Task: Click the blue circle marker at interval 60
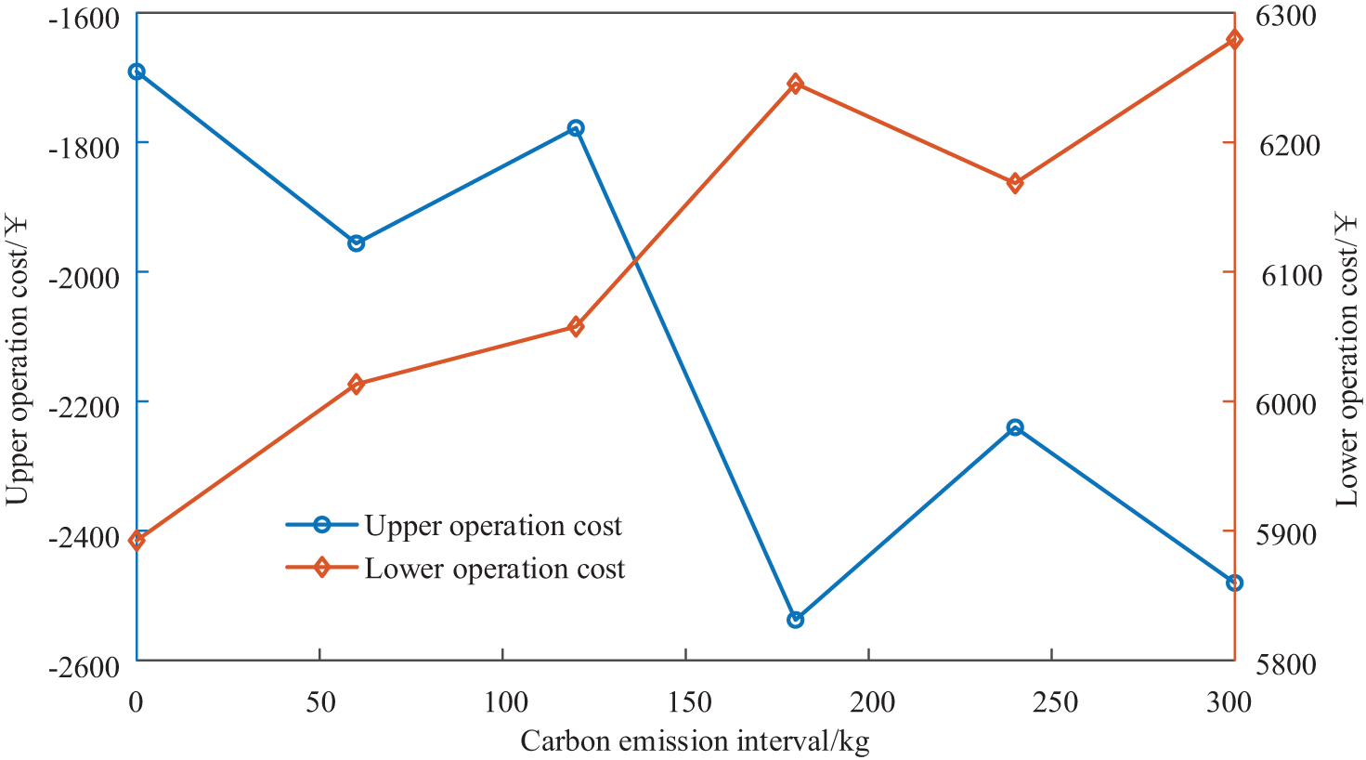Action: click(x=356, y=243)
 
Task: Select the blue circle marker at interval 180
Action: click(x=795, y=620)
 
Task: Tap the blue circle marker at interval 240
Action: click(x=1015, y=427)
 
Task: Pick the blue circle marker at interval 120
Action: click(x=576, y=128)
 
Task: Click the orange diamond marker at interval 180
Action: click(x=795, y=85)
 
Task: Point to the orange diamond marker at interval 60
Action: click(x=356, y=385)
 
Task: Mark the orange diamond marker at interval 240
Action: click(x=1015, y=183)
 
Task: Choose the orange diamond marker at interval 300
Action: click(x=1234, y=39)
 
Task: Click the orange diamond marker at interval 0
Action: click(x=137, y=541)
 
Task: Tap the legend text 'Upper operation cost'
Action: click(x=492, y=526)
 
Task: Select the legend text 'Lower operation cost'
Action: click(x=494, y=569)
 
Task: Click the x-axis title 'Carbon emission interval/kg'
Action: click(x=695, y=741)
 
